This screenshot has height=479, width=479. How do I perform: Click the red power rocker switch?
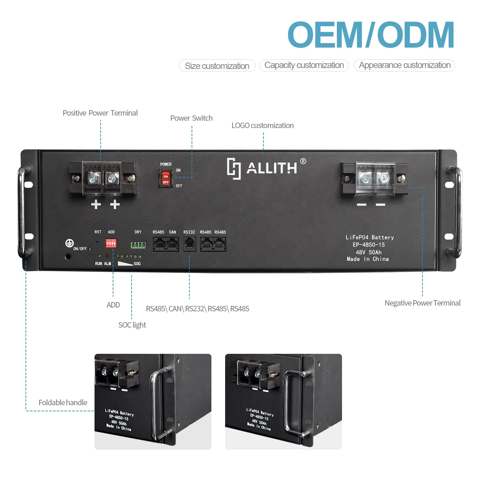click(x=165, y=179)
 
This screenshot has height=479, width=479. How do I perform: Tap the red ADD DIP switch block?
click(x=111, y=244)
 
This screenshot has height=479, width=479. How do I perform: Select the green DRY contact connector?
click(x=138, y=245)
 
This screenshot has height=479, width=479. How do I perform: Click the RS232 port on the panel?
click(x=189, y=245)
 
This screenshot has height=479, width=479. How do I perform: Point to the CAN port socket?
click(x=172, y=245)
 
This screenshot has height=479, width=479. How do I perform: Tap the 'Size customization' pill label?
click(x=217, y=66)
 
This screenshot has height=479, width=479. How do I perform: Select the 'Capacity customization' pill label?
click(x=304, y=65)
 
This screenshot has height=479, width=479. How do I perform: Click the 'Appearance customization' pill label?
click(x=405, y=65)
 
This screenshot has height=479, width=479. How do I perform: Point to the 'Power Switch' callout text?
click(x=191, y=118)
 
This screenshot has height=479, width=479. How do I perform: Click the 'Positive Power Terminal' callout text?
click(x=100, y=113)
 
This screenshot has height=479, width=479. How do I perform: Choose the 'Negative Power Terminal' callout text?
click(x=422, y=303)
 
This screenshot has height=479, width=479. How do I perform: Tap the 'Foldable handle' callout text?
click(x=63, y=403)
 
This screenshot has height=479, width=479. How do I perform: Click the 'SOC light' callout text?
click(x=132, y=325)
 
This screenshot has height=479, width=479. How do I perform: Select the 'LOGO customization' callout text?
click(x=262, y=125)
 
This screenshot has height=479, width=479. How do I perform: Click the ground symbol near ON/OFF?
click(x=69, y=243)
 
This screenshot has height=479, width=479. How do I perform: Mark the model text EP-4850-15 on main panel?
click(x=369, y=245)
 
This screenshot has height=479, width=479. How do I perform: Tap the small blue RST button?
click(x=98, y=243)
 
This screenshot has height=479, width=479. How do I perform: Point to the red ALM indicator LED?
click(x=107, y=256)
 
